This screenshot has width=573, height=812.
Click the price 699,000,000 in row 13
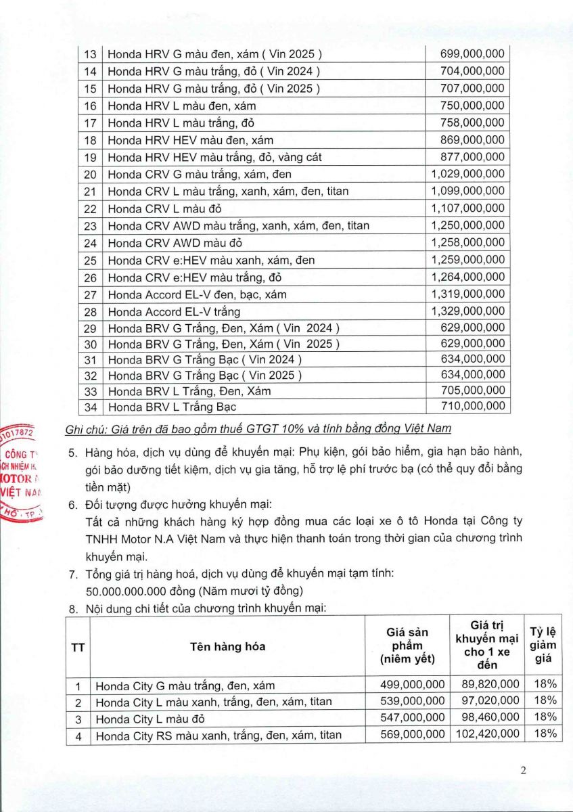[x=472, y=54]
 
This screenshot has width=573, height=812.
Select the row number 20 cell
[x=90, y=175]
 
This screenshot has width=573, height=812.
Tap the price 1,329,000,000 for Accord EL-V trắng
[x=467, y=311]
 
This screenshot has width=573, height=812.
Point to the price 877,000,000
[x=472, y=157]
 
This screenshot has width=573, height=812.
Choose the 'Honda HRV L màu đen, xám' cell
[x=182, y=106]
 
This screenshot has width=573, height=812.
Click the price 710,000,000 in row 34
[x=472, y=406]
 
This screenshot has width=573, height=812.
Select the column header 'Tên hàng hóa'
[x=227, y=646]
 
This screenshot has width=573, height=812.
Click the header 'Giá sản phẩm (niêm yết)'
[x=407, y=646]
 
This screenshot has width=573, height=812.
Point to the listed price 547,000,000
[x=413, y=717]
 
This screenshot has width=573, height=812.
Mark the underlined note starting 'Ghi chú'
[x=258, y=429]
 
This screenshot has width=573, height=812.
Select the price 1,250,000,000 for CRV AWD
[x=467, y=225]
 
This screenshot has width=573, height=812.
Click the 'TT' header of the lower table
[x=78, y=646]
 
